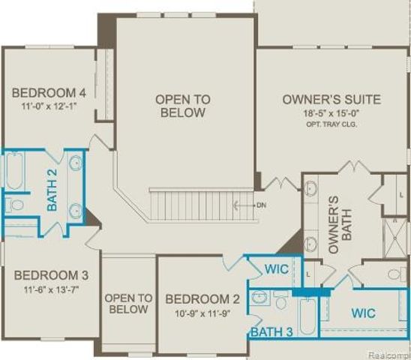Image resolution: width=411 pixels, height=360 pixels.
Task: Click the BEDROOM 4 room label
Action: click(49, 93)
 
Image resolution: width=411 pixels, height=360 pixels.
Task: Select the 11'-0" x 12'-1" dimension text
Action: click(50, 107)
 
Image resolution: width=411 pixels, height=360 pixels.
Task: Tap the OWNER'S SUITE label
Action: click(331, 99)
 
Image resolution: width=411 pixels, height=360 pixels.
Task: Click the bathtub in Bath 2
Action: click(16, 172)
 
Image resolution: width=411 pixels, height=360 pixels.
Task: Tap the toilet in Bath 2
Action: click(15, 204)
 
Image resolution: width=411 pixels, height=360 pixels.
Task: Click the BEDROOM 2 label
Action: click(202, 298)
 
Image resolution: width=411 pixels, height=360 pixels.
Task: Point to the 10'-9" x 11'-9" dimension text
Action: click(202, 313)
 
